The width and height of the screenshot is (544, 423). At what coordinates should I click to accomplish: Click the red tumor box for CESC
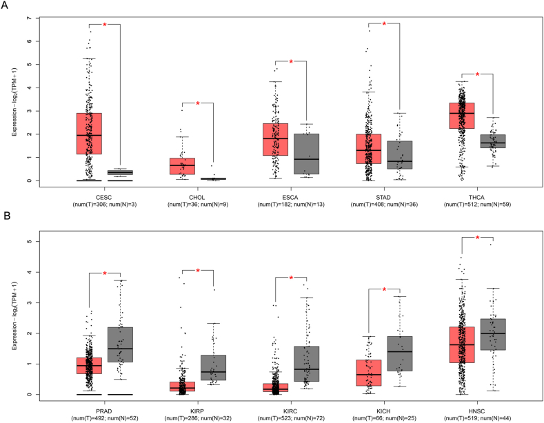(x=89, y=134)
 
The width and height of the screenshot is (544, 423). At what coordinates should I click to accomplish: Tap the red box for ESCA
(x=275, y=139)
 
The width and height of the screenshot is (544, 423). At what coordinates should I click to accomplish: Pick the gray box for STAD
(x=399, y=155)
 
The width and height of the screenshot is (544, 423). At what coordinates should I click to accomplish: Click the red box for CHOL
(x=182, y=166)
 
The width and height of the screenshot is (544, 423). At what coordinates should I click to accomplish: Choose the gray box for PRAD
(x=120, y=344)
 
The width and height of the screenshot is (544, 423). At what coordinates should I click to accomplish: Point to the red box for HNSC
(x=461, y=344)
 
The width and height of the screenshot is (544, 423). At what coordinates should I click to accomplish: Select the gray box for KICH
(x=399, y=353)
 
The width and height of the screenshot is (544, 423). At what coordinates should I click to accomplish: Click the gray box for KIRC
(x=306, y=364)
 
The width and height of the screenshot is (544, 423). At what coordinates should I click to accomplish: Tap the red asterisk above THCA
(x=477, y=74)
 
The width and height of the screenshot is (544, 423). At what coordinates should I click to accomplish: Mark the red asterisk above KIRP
(x=198, y=271)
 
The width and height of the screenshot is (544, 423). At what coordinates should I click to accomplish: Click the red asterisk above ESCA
(x=291, y=62)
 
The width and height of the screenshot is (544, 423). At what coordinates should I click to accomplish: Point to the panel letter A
(x=5, y=6)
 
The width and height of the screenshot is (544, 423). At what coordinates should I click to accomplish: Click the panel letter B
(x=7, y=216)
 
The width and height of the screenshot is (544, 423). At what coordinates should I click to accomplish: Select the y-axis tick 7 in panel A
(x=29, y=18)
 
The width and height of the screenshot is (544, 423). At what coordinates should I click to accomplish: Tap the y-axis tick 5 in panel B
(x=29, y=241)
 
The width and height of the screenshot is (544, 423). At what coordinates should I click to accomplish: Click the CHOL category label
(x=197, y=198)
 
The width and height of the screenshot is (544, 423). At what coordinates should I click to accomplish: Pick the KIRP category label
(x=197, y=411)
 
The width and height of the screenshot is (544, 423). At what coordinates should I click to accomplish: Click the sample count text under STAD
(x=384, y=205)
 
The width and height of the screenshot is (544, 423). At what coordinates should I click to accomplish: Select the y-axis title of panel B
(x=14, y=316)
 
